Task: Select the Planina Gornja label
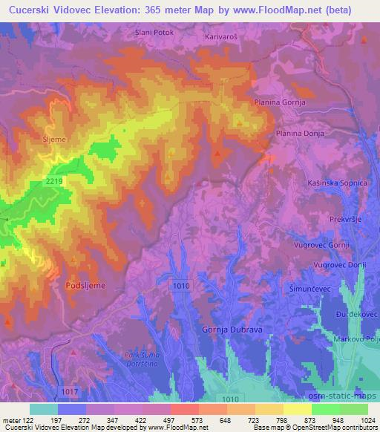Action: [x=280, y=102]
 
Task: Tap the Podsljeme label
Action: [x=86, y=284]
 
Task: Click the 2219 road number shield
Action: [x=53, y=180]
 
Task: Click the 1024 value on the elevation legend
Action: [x=366, y=421]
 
